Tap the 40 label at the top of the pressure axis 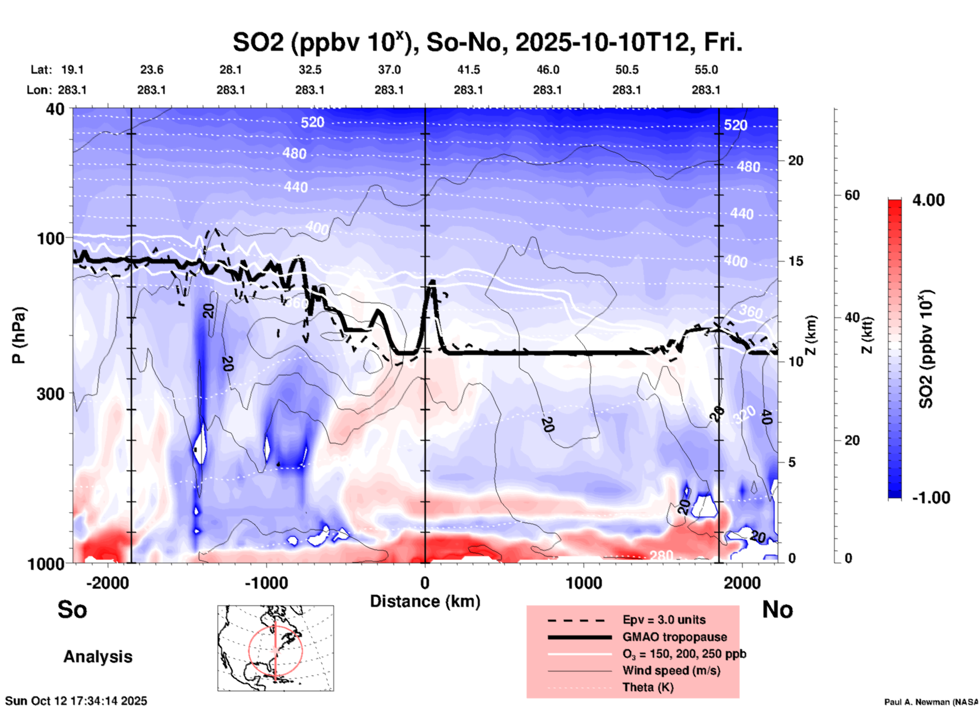click(x=54, y=109)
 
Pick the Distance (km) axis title click(x=425, y=601)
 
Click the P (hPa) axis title click(x=19, y=335)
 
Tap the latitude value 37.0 click(x=389, y=70)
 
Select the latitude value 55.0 click(x=706, y=70)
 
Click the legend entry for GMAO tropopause click(x=674, y=637)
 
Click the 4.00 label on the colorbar click(x=928, y=200)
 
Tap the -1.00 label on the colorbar click(x=931, y=498)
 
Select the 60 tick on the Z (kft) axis click(x=852, y=195)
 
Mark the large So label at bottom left click(x=72, y=609)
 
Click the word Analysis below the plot click(x=98, y=657)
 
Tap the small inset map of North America click(x=276, y=648)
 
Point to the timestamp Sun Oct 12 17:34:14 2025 click(x=76, y=701)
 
